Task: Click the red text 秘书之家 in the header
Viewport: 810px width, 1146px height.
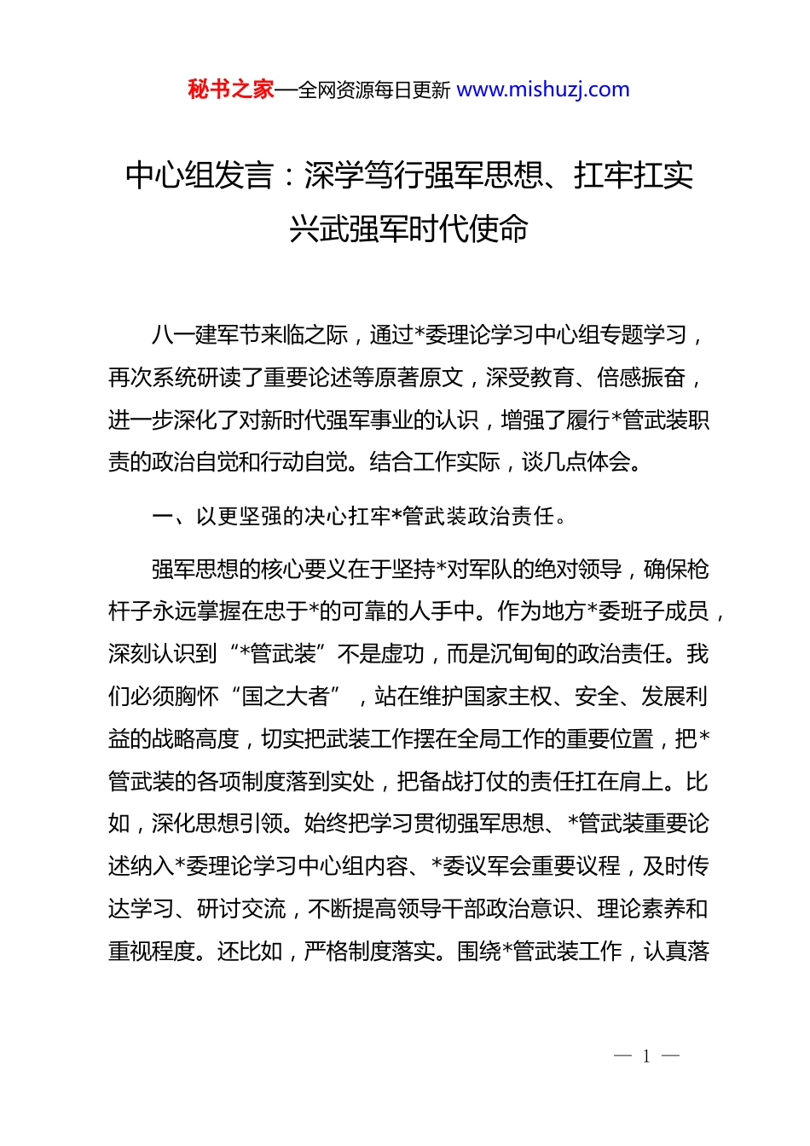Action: (x=231, y=90)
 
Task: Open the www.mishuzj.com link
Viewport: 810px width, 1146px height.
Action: (x=543, y=90)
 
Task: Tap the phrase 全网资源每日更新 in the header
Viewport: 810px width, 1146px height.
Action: (x=373, y=90)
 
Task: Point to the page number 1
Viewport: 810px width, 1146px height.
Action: (x=646, y=1056)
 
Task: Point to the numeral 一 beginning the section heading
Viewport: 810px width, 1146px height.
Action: (x=162, y=517)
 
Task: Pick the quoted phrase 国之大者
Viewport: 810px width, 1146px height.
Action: (x=286, y=697)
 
